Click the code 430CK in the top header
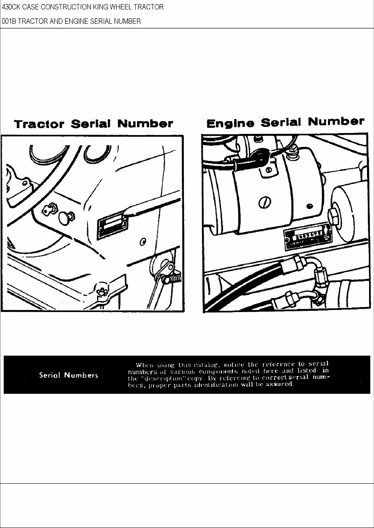tap(11, 7)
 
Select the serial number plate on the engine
tap(307, 237)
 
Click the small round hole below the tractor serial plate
tap(143, 240)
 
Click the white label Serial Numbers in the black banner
tap(68, 375)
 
